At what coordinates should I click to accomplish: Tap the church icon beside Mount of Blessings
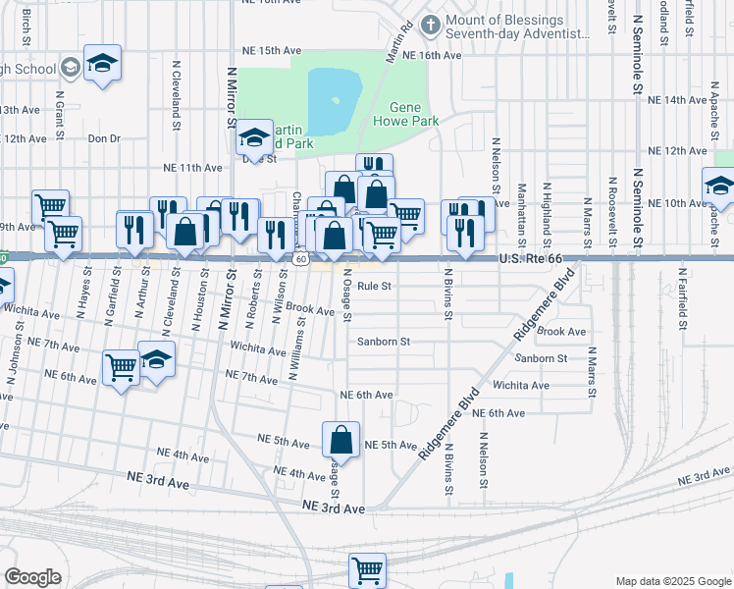click(x=429, y=23)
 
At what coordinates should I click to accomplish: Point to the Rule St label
click(x=374, y=287)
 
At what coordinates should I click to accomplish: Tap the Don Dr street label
click(x=103, y=138)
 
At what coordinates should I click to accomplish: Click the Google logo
click(x=32, y=577)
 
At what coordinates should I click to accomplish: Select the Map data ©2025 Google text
click(x=673, y=581)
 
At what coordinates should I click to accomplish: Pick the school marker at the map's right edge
click(x=719, y=187)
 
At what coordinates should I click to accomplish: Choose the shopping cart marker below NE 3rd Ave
click(x=367, y=569)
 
